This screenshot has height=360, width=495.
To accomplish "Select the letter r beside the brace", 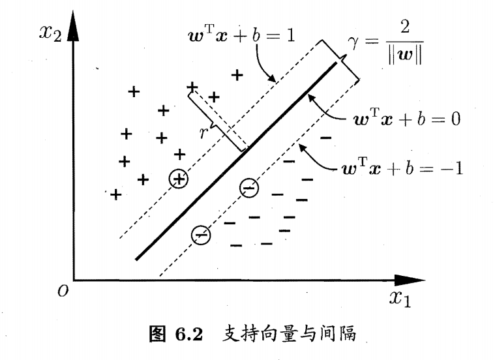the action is point(204,132).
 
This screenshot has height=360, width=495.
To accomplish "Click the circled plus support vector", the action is point(178,179).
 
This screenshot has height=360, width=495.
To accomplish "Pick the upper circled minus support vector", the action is point(248,188).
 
